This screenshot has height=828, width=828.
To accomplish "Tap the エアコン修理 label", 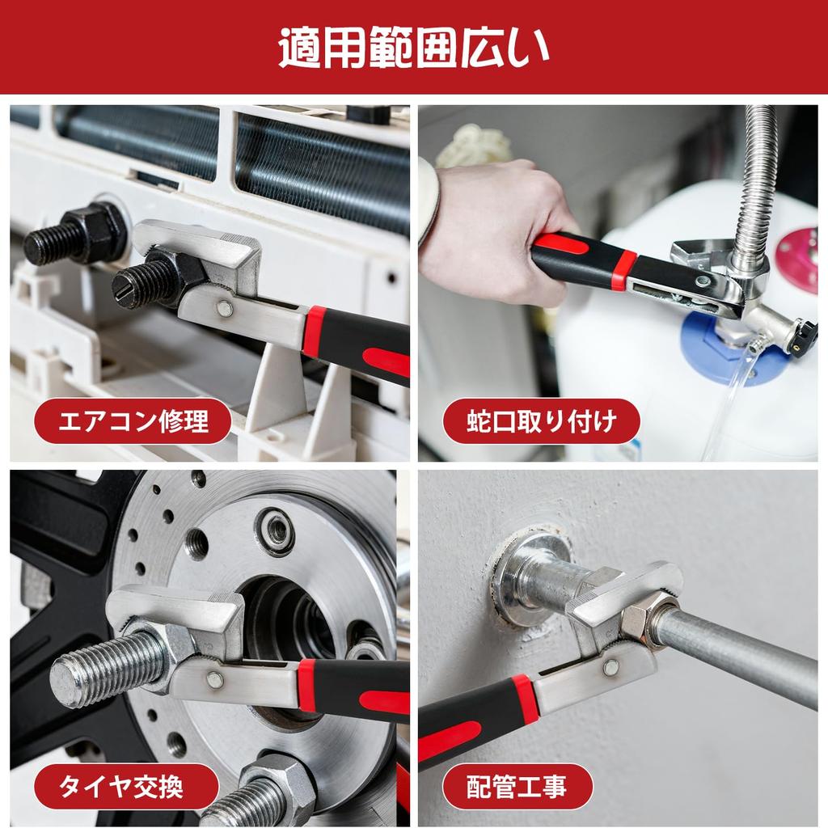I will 133,421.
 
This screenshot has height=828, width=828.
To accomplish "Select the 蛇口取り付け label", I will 541,421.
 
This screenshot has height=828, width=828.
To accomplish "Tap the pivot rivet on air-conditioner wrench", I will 224,308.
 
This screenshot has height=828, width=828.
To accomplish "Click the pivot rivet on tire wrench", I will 214,679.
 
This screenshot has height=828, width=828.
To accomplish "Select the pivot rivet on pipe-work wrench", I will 611,666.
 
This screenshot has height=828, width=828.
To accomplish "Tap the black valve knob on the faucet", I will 805,332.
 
